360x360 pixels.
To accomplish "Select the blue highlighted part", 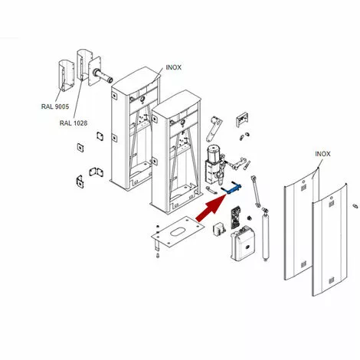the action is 231,188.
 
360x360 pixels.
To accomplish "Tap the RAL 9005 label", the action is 55,106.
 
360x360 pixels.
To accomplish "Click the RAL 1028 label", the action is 74,123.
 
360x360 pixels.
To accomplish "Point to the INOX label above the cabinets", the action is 174,67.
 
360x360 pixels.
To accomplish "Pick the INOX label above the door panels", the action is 322,154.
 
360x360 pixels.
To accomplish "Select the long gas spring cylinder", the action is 265,234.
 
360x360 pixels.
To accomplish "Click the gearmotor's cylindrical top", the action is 214,152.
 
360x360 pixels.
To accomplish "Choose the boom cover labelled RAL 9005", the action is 66,75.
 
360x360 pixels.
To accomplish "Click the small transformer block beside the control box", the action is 219,228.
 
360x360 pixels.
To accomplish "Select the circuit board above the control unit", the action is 236,218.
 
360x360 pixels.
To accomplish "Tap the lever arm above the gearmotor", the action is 213,129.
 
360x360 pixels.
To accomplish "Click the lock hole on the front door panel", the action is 331,198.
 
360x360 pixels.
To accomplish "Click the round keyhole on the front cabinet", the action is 183,123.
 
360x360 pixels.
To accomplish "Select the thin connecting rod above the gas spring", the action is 256,191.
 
